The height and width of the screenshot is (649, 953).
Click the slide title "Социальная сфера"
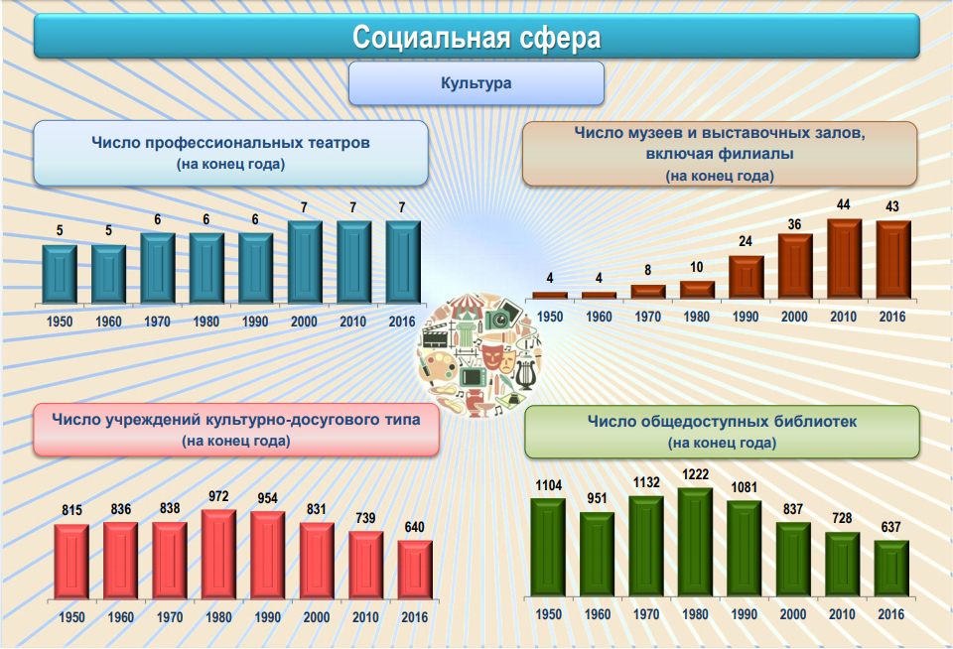tap(476, 38)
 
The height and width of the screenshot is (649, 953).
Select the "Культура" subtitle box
tap(476, 83)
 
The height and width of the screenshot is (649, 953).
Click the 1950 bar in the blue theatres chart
tap(60, 272)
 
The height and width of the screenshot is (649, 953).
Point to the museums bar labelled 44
tap(844, 258)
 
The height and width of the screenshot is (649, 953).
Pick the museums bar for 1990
tap(747, 277)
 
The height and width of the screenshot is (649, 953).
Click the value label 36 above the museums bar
tap(794, 224)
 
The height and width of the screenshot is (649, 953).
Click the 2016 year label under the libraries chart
tap(891, 614)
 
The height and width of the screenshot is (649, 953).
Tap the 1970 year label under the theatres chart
tap(157, 322)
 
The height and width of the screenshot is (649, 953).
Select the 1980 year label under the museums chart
tap(697, 318)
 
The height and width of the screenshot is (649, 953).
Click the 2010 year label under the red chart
tap(365, 616)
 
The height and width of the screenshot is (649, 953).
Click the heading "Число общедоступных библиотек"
tap(722, 422)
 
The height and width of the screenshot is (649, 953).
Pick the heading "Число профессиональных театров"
tap(231, 143)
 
